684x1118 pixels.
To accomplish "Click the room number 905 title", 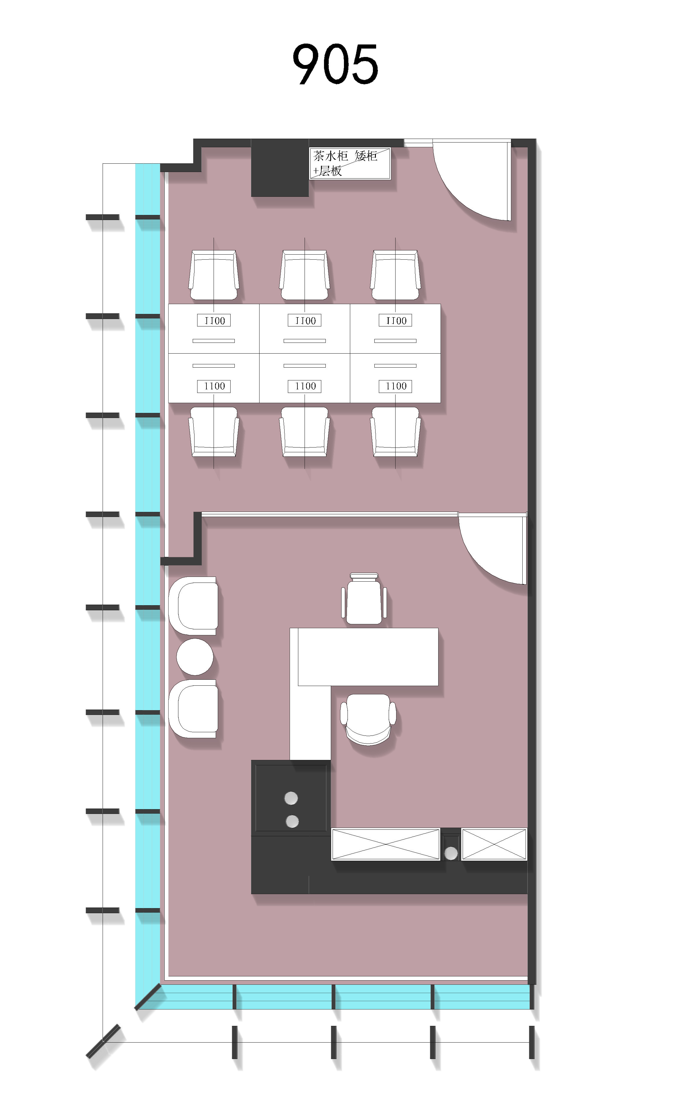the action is (335, 64).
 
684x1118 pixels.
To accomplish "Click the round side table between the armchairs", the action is (195, 656).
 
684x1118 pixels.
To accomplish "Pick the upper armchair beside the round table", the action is (193, 606).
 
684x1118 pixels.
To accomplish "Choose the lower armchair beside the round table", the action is (193, 708).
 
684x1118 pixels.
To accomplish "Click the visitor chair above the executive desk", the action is (364, 598).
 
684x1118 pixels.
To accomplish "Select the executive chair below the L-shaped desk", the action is (368, 719).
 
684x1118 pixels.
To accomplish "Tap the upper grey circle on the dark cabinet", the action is (291, 798).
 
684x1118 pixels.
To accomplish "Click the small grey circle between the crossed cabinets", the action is (451, 854).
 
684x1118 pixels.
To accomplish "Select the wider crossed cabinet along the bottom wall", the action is (386, 844).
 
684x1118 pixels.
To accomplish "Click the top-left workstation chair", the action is (214, 275).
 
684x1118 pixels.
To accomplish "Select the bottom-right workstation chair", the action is (395, 431).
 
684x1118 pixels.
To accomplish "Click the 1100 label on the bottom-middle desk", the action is (305, 386).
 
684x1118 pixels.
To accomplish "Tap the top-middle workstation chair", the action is (305, 275).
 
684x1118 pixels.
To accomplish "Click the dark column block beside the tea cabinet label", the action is (280, 168).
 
